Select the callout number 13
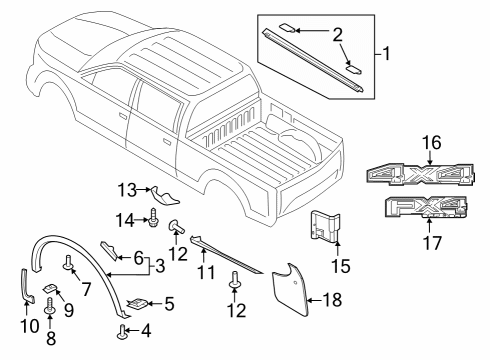pos(126,190)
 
